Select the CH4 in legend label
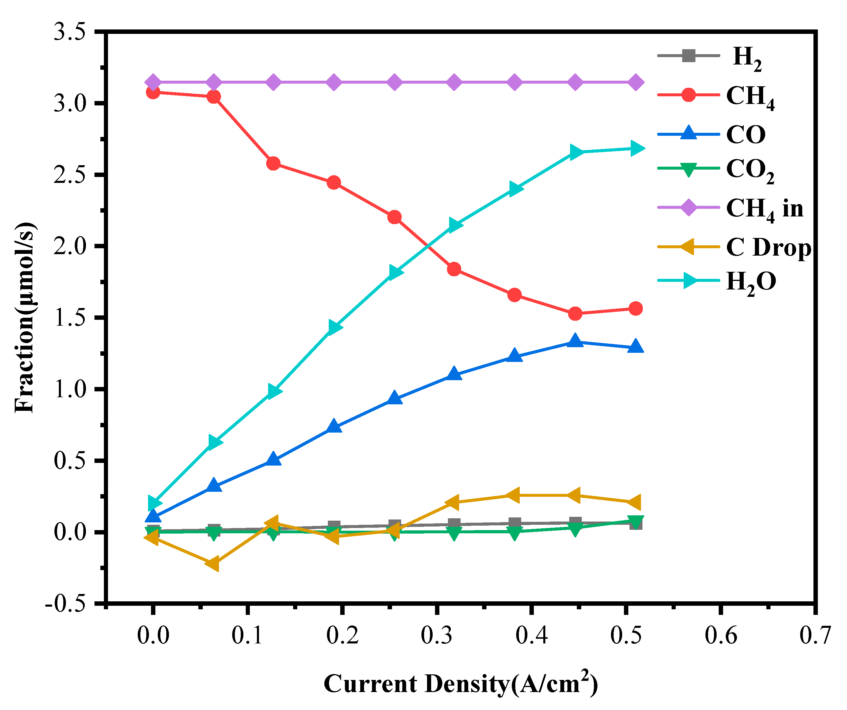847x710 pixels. [x=765, y=209]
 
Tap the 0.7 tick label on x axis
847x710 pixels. [x=815, y=635]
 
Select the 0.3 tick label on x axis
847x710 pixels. [x=436, y=635]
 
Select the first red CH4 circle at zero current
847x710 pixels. [x=153, y=92]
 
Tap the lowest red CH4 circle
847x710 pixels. [x=575, y=314]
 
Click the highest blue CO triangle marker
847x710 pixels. [x=575, y=341]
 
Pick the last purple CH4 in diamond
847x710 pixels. [x=635, y=82]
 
